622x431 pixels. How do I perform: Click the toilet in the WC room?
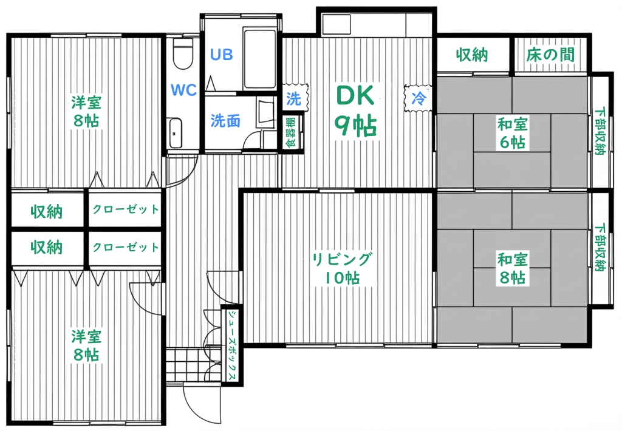pos(183,53)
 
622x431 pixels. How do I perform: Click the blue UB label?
pos(221,54)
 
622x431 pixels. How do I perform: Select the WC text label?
pos(183,90)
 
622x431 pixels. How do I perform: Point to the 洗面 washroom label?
pos(225,121)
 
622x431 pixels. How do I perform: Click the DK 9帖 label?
pos(355,110)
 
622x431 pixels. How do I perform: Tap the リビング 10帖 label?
pos(343,268)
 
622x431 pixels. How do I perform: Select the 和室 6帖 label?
pos(513,133)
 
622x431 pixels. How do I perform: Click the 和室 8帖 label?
pos(513,268)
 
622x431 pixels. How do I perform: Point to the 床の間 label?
pos(550,55)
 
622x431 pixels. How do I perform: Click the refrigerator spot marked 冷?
pos(418,98)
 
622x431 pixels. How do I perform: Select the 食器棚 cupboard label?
pos(292,132)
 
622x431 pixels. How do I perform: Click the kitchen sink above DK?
pos(337,24)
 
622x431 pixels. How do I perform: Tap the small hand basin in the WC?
pos(174,133)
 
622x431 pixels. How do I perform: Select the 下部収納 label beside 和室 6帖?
pos(600,131)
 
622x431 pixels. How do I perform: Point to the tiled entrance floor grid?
pos(186,365)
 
